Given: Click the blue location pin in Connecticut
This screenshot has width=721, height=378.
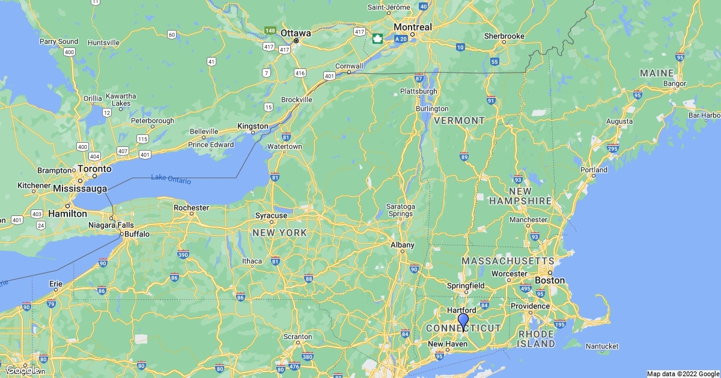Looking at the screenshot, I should pos(463,320).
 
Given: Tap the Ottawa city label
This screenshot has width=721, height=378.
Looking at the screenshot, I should pos(296,33).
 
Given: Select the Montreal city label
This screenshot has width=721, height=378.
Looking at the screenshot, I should pos(413,27).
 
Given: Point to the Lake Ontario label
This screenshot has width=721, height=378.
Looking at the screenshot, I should pos(171,179).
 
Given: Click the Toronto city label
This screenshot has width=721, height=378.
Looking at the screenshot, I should pos(94,169).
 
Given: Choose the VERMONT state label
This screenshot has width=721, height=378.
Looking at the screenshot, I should pos(459,121).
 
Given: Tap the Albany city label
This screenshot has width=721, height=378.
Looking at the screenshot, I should pos(403,245).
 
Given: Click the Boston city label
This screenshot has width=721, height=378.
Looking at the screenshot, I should pos(550,280).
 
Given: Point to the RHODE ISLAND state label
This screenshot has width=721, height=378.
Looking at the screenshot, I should pos(537,339).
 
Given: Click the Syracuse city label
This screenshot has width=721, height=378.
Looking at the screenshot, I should pos(271,215).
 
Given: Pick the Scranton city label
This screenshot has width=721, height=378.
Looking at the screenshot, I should pos(298,337).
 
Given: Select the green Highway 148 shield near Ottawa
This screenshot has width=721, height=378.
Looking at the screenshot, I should pos(270,31).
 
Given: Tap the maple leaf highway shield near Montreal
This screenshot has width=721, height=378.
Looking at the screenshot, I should pos(377,39).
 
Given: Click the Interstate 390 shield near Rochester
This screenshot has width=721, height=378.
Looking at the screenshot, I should pos(183,255).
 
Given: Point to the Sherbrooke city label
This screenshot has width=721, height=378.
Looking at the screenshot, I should pos(504,36).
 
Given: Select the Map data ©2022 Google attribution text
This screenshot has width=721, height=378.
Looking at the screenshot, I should pos(683,374).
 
